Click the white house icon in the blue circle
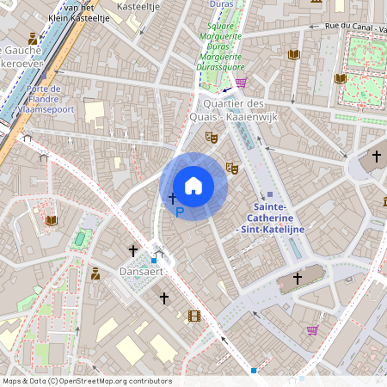[193, 186]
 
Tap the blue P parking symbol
[179, 212]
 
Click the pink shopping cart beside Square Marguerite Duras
[242, 83]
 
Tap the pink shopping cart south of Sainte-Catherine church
[312, 330]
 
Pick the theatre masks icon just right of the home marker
[230, 168]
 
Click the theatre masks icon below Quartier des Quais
[211, 137]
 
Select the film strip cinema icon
[194, 316]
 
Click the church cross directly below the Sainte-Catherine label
[298, 278]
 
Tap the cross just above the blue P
[172, 199]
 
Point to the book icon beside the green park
[341, 79]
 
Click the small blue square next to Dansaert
[154, 260]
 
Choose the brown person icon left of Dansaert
[95, 273]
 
